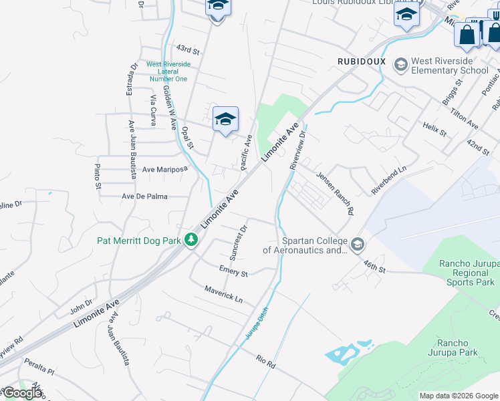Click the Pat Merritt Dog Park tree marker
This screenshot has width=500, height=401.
pos(191,239)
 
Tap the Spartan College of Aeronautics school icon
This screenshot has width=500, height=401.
pos(358,245)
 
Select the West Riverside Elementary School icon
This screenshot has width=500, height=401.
pos(401,64)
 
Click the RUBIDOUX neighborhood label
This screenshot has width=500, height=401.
pos(362,61)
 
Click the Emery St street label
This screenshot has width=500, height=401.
pos(233,273)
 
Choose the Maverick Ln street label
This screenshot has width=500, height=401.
pos(224,294)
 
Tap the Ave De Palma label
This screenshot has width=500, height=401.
pos(144,197)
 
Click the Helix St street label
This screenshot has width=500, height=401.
pos(434,129)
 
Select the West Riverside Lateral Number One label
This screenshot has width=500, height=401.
pos(168,72)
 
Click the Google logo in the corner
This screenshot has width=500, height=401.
pos(22,393)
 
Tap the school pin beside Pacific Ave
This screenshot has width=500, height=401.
pos(225,120)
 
